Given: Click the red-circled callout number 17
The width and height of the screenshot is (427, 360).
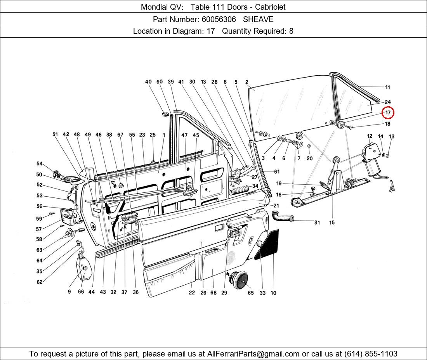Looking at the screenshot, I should [x=388, y=113].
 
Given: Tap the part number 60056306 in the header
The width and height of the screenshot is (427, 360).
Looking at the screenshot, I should [x=218, y=19].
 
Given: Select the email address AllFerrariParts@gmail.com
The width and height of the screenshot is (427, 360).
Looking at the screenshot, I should [x=253, y=354].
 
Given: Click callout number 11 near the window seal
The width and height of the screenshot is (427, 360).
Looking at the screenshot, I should [x=387, y=88].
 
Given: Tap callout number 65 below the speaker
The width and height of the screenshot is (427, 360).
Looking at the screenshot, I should [x=251, y=293].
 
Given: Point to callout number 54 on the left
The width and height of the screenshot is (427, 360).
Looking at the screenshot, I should [x=40, y=164].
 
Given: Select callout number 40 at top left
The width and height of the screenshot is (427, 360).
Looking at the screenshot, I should [x=148, y=82].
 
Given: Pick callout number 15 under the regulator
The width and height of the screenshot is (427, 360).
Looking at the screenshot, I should [x=332, y=223].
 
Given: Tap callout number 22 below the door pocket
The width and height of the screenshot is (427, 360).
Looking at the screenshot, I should [x=192, y=293].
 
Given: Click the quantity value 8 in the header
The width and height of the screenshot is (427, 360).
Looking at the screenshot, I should [x=291, y=31].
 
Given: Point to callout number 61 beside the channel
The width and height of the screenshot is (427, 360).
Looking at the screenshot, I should [x=276, y=172].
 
